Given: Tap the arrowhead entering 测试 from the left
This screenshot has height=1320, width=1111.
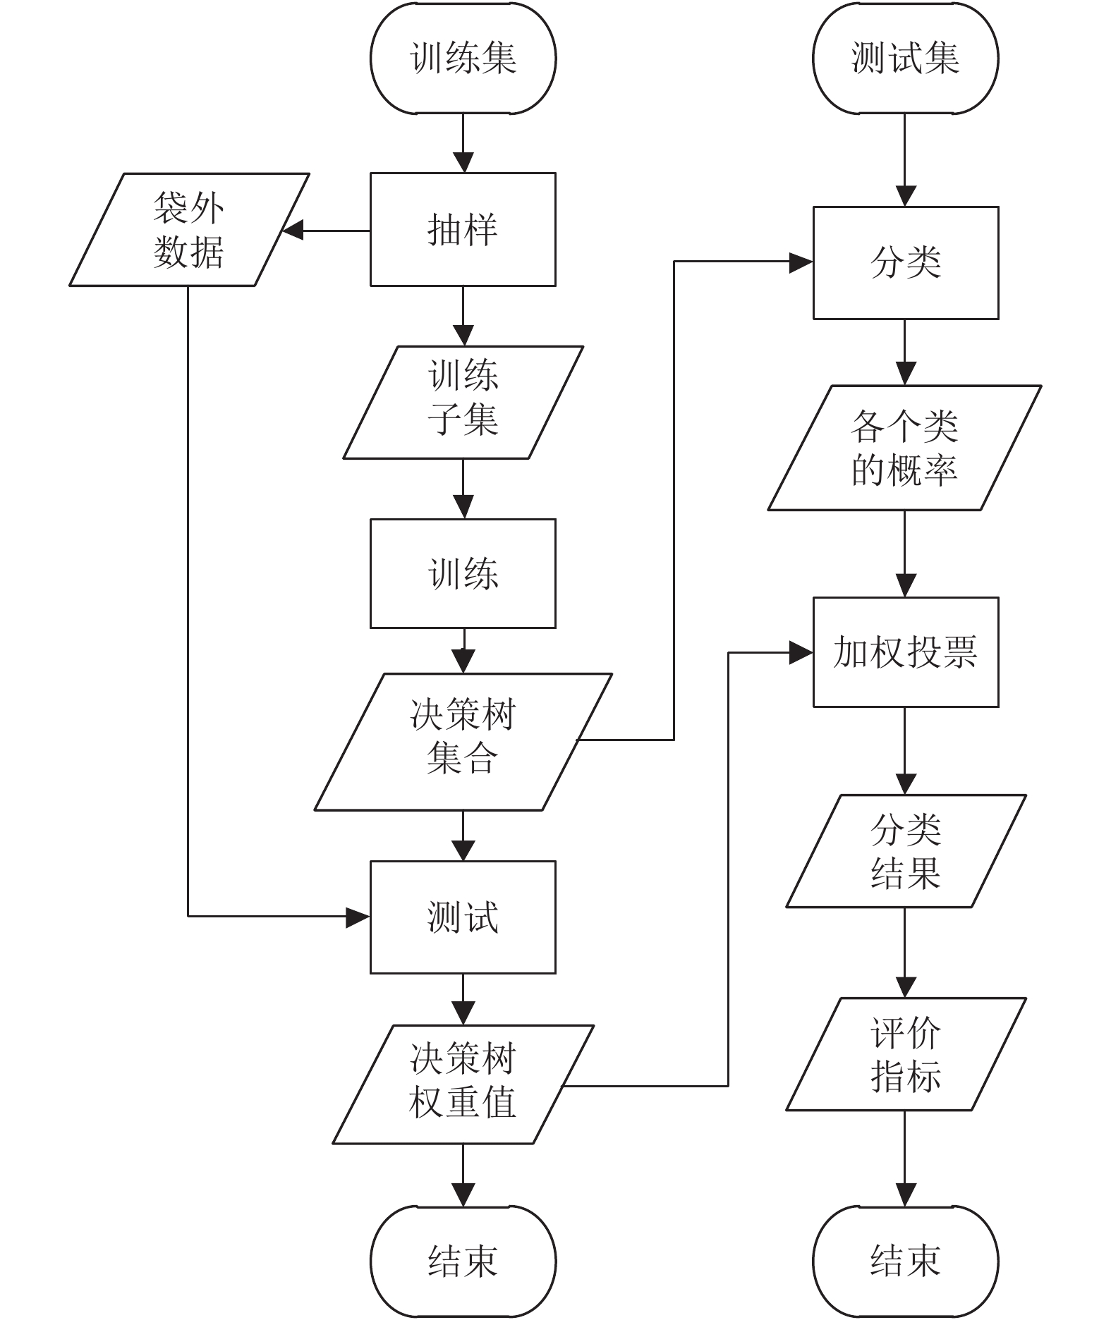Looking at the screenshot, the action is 359,917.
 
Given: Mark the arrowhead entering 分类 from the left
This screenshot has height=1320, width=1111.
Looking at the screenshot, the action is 801,262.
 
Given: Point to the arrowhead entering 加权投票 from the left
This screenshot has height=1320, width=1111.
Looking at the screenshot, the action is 801,653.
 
